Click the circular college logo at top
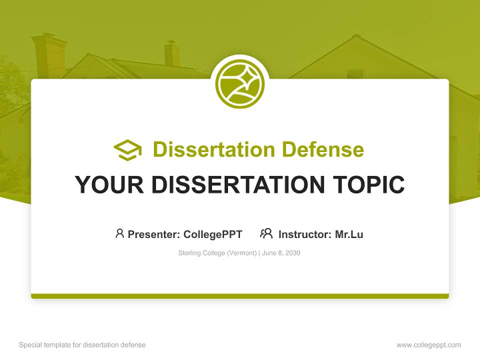pos(240,84)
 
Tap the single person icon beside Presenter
pos(119,233)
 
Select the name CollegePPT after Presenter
pos(213,234)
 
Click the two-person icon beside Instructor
pos(266,233)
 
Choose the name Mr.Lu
pos(349,234)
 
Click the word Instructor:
pos(304,234)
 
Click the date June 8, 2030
pos(281,253)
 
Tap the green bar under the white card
pos(240,296)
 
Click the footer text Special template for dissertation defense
pos(82,345)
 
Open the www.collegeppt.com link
pos(428,345)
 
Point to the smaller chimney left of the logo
pos(171,54)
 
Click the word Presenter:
pos(154,234)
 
